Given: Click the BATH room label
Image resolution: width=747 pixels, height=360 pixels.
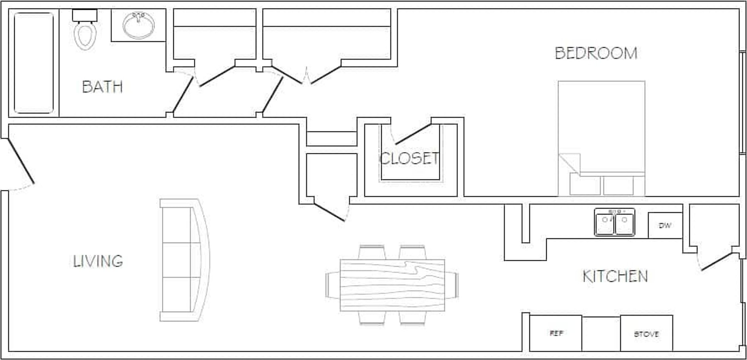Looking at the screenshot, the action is (102, 87).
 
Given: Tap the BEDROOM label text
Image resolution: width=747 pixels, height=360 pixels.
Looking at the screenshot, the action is (596, 53).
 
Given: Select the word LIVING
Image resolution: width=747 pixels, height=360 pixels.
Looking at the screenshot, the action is (98, 261).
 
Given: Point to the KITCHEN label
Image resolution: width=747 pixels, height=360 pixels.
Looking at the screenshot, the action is (615, 276).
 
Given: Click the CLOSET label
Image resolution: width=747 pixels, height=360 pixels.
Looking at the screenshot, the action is (409, 158).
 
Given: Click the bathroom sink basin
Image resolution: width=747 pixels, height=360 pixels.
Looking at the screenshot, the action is (138, 25).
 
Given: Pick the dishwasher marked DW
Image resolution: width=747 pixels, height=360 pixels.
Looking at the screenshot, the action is (665, 226).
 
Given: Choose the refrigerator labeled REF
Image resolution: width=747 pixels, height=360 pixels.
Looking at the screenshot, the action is (555, 333).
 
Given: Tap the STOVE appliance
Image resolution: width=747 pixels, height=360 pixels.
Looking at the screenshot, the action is (646, 334).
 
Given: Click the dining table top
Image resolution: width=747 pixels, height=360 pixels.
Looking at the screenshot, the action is (392, 285).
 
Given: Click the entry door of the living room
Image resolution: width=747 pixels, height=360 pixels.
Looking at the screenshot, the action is (21, 161).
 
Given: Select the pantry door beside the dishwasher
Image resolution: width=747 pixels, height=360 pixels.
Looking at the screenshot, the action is (716, 261).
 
